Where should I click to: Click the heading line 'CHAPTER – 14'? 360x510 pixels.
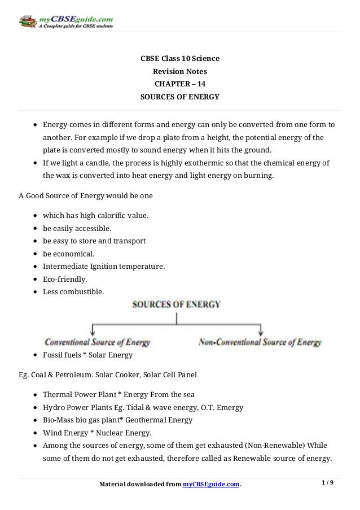(179, 84)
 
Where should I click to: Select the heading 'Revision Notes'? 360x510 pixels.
(180, 72)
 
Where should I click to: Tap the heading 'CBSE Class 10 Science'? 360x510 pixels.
(180, 59)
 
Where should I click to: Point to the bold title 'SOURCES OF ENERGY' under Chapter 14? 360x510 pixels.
(179, 97)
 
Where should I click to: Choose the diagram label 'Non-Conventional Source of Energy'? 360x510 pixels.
(260, 342)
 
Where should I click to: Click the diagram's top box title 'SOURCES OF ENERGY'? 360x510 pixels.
(176, 304)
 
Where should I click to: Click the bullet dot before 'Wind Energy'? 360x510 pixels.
(36, 433)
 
